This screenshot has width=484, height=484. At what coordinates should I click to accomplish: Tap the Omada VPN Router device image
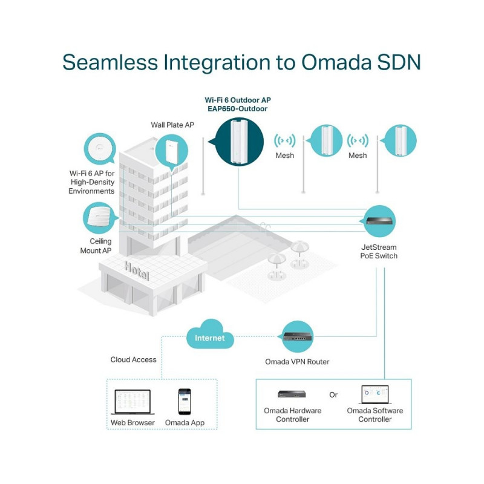point(297,336)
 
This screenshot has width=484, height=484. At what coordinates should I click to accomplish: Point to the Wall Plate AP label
point(172,125)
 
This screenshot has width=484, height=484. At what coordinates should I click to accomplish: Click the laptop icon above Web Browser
point(132,401)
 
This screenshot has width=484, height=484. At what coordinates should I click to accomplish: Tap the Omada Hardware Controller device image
point(292,394)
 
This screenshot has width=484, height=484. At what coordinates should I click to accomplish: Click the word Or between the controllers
point(333,394)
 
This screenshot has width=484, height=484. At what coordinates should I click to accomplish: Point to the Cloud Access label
point(133,359)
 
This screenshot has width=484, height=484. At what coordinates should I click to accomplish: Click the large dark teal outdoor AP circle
point(238,142)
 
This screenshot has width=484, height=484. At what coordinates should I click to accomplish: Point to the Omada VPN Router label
point(297,362)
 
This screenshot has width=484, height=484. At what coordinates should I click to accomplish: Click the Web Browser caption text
point(132,422)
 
